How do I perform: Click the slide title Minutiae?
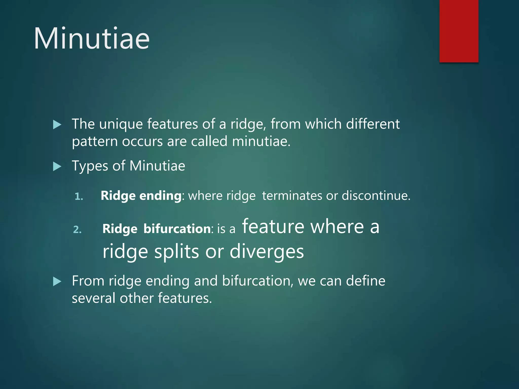pyautogui.click(x=92, y=38)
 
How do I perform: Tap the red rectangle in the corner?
pyautogui.click(x=459, y=31)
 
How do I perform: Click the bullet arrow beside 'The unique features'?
pyautogui.click(x=57, y=125)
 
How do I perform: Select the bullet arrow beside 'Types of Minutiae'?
pyautogui.click(x=57, y=167)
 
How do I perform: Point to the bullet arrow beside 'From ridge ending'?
pyautogui.click(x=57, y=282)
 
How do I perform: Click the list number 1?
pyautogui.click(x=79, y=197)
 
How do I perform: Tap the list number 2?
pyautogui.click(x=77, y=229)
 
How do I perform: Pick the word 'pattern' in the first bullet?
pyautogui.click(x=95, y=142)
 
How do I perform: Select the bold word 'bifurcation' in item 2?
pyautogui.click(x=177, y=229)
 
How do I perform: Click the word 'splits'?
pyautogui.click(x=177, y=252)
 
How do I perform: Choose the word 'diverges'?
pyautogui.click(x=267, y=252)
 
